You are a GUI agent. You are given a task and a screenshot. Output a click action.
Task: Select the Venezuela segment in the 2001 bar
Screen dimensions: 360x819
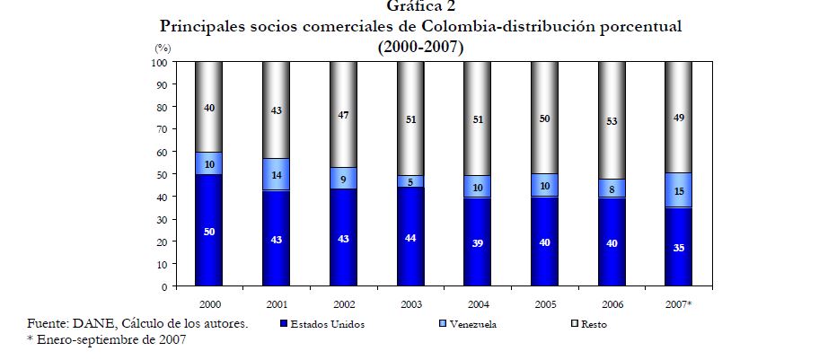pyautogui.click(x=277, y=174)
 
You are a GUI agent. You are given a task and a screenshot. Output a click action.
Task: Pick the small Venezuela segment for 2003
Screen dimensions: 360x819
pyautogui.click(x=410, y=181)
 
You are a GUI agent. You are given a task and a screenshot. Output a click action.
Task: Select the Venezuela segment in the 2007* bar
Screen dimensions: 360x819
pyautogui.click(x=678, y=190)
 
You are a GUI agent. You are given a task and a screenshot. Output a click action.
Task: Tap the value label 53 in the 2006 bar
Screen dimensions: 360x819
pyautogui.click(x=611, y=121)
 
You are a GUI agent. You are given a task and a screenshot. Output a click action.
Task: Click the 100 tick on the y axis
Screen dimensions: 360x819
pyautogui.click(x=158, y=63)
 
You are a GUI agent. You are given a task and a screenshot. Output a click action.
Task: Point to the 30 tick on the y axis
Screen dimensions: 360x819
pyautogui.click(x=161, y=220)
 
